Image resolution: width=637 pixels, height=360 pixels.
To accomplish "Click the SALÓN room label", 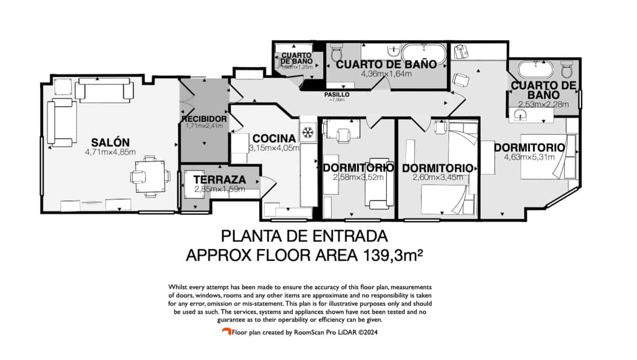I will point(110,142).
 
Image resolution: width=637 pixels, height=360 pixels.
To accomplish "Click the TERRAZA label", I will point(219,180).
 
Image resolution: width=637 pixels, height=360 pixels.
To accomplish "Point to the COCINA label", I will point(274,138).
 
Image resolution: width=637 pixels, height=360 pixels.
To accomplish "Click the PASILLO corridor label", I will point(338,95).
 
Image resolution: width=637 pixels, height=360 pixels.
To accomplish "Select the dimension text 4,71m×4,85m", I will point(110,152).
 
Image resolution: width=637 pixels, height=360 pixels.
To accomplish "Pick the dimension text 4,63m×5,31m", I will point(529,157).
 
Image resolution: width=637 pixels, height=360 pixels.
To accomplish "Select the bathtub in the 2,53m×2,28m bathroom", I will point(535,70).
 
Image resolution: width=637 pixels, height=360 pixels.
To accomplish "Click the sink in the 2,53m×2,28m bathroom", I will point(521,115).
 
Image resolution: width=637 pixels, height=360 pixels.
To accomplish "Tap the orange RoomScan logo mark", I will point(226,331).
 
